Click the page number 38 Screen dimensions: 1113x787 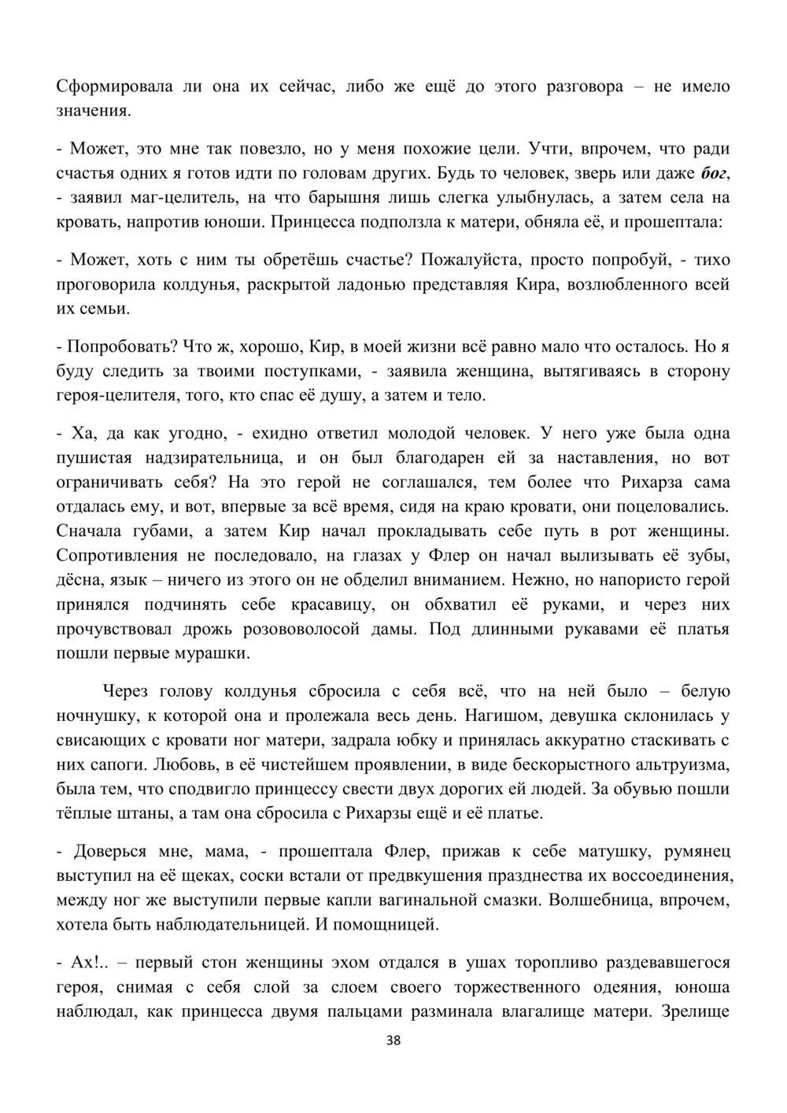click(394, 1041)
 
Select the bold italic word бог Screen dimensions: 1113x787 click(715, 172)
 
